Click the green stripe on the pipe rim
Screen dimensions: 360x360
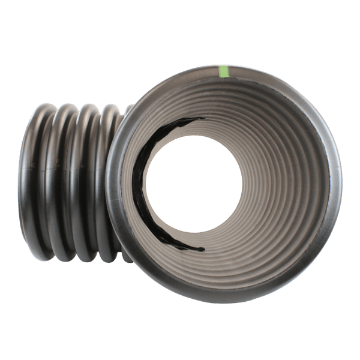224,71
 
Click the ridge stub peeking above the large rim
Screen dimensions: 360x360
128,109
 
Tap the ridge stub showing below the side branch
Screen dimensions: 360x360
125,257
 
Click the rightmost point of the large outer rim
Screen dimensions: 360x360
341,183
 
